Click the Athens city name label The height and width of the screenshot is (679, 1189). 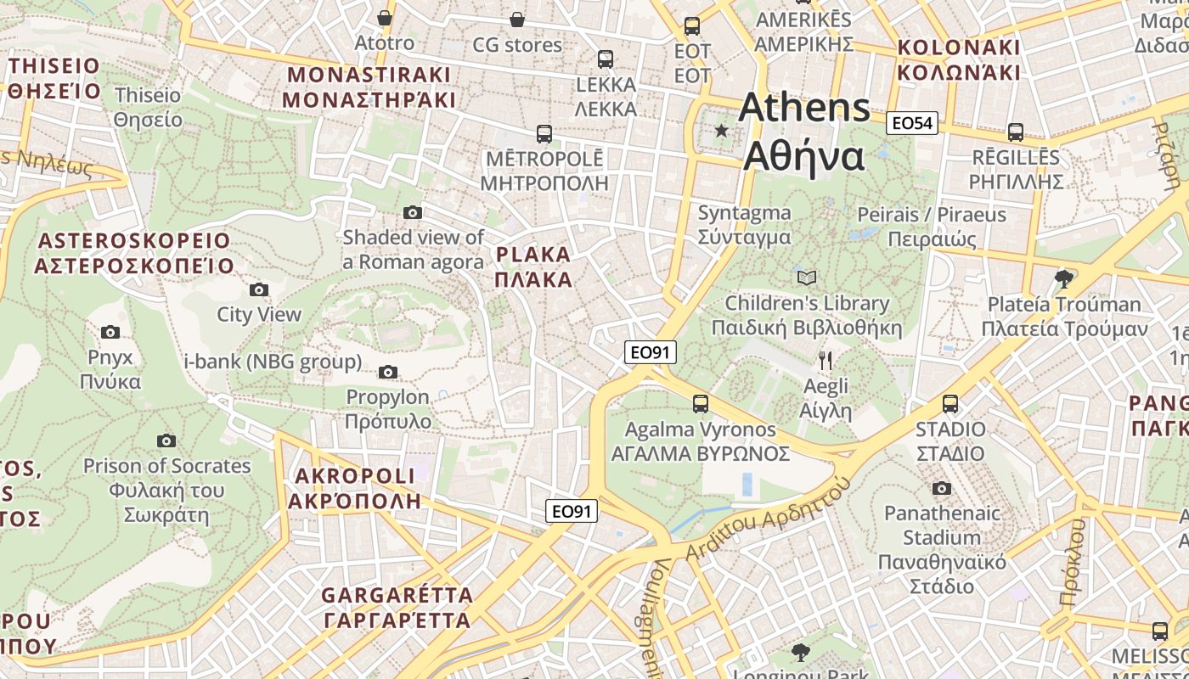click(803, 132)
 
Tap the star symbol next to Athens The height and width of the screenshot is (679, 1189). click(722, 131)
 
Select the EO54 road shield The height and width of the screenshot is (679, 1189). click(911, 124)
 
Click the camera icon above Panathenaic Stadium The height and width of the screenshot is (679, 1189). click(941, 488)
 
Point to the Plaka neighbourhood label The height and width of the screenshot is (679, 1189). click(533, 267)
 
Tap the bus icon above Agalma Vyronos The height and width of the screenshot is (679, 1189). click(700, 404)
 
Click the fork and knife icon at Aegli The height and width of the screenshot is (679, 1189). click(826, 361)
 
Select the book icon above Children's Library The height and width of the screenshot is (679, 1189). click(806, 278)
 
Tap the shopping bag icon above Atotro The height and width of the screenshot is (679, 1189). click(385, 18)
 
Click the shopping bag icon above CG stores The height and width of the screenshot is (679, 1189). click(517, 19)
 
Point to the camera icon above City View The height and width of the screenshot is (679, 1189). click(259, 289)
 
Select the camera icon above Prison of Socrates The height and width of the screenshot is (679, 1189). click(166, 441)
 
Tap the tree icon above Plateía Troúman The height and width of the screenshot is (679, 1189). click(1062, 278)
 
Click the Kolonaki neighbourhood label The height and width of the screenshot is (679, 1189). click(959, 59)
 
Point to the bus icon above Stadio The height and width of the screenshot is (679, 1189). click(950, 404)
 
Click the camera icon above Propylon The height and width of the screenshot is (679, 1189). click(388, 372)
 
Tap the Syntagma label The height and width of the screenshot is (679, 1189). click(744, 225)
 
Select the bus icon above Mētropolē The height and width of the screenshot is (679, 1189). click(544, 133)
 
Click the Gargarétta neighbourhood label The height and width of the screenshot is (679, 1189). click(397, 607)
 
